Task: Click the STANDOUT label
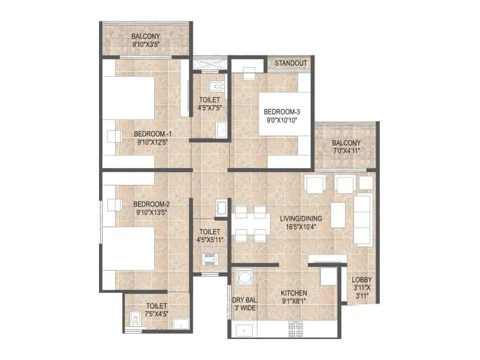point(291,63)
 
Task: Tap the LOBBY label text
point(362,280)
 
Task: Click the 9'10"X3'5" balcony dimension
point(145,44)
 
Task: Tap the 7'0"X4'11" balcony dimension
point(346,151)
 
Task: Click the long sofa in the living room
point(364,220)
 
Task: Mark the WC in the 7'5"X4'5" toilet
point(135,319)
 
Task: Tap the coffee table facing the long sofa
point(338,214)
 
